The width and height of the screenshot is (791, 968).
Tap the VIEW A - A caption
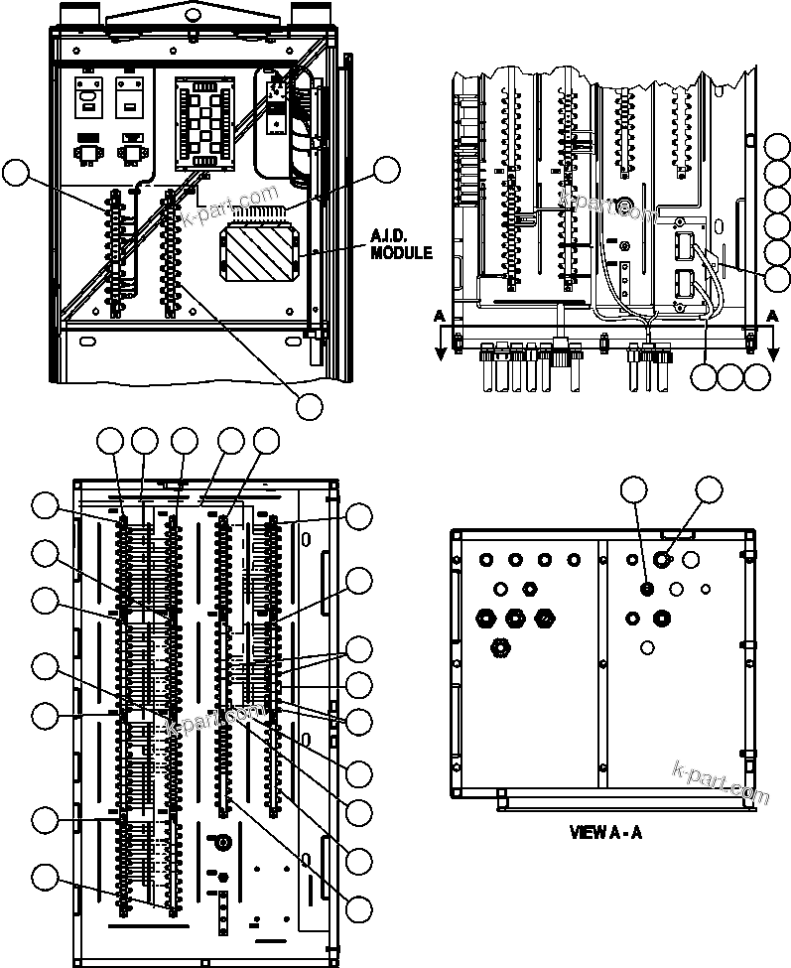pos(605,832)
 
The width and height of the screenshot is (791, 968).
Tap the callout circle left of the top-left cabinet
pos(15,174)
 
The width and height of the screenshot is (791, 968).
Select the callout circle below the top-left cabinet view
pos(310,405)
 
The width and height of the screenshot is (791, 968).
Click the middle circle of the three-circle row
pos(731,376)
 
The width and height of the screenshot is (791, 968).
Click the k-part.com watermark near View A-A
pos(720,782)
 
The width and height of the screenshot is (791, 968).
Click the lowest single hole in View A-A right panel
pos(647,647)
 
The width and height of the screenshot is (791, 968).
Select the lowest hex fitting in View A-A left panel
pos(501,649)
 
